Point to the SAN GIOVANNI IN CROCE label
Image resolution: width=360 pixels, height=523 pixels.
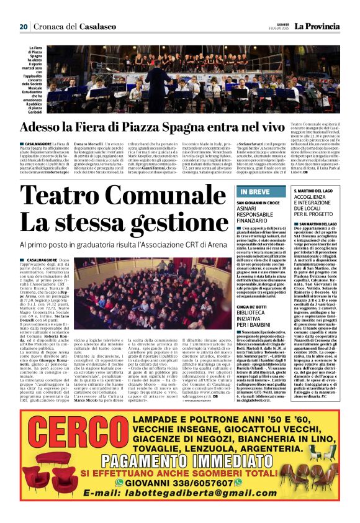pos(257,203)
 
